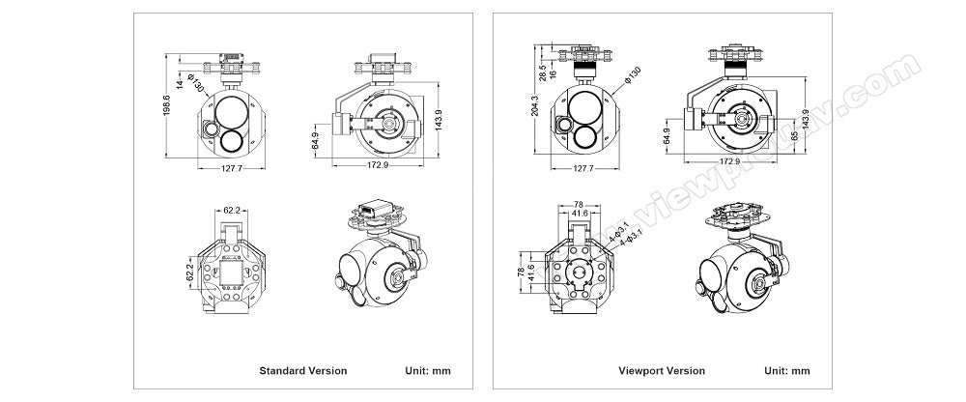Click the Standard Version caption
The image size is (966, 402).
click(x=302, y=370)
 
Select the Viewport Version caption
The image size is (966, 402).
click(x=662, y=370)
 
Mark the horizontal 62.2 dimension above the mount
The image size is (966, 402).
click(x=233, y=209)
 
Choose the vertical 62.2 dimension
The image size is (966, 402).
click(x=190, y=272)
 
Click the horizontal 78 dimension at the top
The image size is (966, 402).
click(x=579, y=204)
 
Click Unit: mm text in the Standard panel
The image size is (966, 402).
click(x=425, y=370)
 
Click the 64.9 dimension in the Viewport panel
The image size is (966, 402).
click(x=666, y=139)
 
